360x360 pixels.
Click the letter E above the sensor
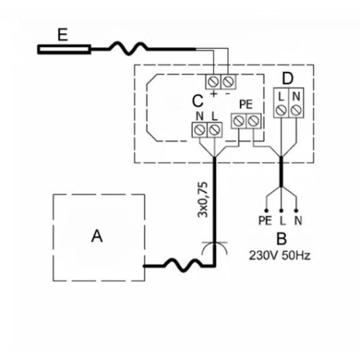coord(63,35)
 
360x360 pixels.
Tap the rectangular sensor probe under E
coord(64,50)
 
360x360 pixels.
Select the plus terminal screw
coord(213,82)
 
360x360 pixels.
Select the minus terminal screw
coord(228,82)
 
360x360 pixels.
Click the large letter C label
coord(197,101)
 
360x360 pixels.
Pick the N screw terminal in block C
coord(199,130)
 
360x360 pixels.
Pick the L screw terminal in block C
coord(215,130)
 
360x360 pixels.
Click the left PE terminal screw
coord(239,121)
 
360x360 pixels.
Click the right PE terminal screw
coord(253,121)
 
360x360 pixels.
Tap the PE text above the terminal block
coord(246,104)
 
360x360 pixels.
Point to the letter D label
coord(287,78)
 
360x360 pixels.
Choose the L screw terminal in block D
coord(281,110)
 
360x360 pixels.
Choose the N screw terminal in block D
coord(296,110)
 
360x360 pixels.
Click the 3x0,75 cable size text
coord(202,199)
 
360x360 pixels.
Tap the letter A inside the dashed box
coord(97,236)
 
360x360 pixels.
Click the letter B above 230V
coord(282,239)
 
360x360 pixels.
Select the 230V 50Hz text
coord(279,256)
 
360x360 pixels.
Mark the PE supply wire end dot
coord(266,211)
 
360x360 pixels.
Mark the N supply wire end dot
coord(296,211)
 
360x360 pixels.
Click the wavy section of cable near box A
coord(183,264)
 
